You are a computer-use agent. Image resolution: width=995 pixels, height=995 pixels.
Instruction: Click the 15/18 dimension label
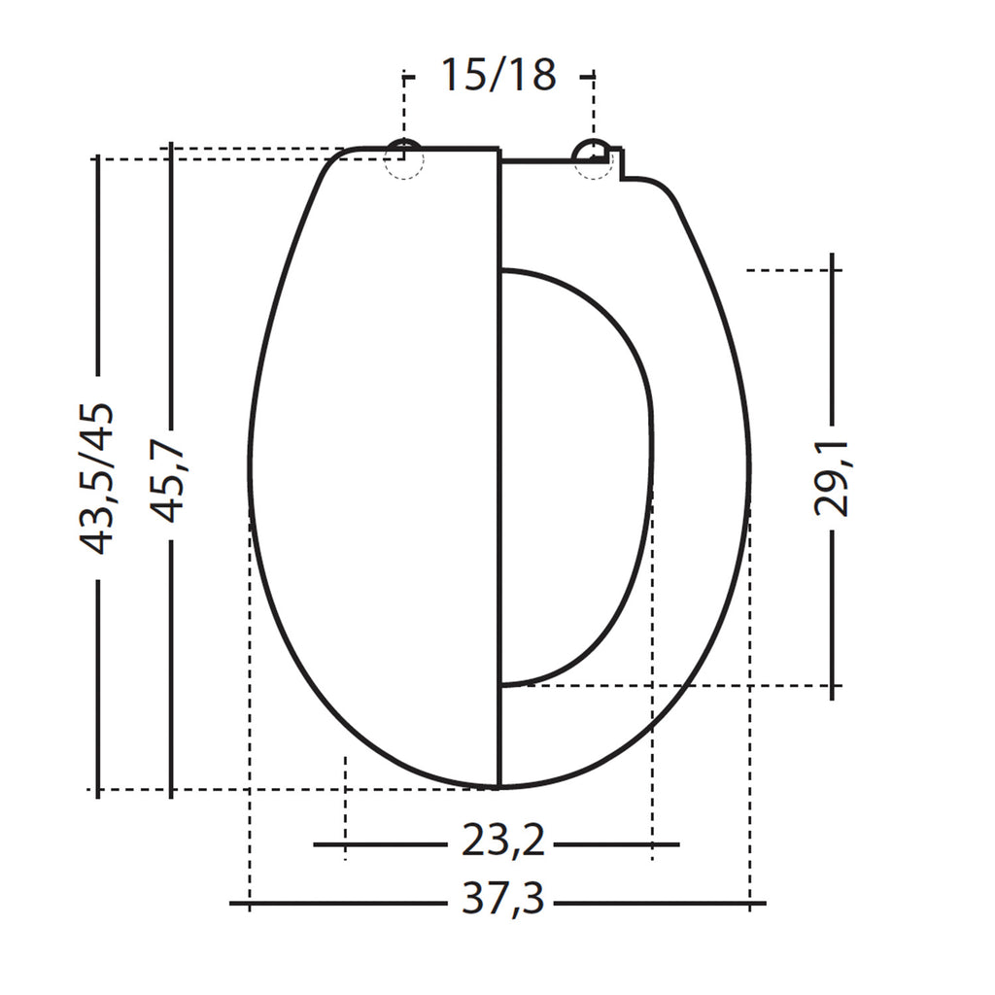pyautogui.click(x=498, y=74)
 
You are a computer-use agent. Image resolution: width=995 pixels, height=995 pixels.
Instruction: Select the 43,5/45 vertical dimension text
pyautogui.click(x=96, y=478)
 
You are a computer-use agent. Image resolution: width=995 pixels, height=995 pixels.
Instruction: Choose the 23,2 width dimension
pyautogui.click(x=502, y=841)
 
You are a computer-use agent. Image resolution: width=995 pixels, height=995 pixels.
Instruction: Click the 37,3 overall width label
pyautogui.click(x=502, y=899)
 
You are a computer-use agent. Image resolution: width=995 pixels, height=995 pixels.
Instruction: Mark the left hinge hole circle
pyautogui.click(x=404, y=159)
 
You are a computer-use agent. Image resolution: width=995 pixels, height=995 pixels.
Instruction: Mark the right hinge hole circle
pyautogui.click(x=594, y=159)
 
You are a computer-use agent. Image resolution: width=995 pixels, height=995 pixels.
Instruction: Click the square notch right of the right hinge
pyautogui.click(x=616, y=163)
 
